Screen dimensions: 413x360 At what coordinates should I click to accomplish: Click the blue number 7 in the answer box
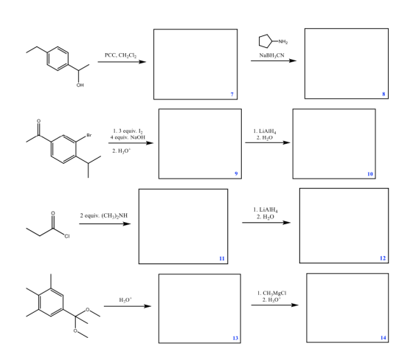pyautogui.click(x=232, y=94)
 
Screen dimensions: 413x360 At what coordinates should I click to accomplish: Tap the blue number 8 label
pyautogui.click(x=383, y=94)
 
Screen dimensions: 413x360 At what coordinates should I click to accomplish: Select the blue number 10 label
pyautogui.click(x=370, y=174)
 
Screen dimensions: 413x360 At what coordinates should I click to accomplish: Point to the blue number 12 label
pyautogui.click(x=383, y=258)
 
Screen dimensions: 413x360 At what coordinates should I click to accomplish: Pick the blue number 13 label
pyautogui.click(x=235, y=338)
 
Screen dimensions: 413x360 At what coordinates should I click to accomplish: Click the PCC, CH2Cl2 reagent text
pyautogui.click(x=121, y=55)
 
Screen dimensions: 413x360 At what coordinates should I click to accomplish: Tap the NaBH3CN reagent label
pyautogui.click(x=272, y=55)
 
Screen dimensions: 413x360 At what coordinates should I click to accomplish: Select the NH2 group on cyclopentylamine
pyautogui.click(x=283, y=41)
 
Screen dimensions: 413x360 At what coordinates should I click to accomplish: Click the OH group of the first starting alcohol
pyautogui.click(x=80, y=85)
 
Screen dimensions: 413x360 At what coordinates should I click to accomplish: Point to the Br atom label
pyautogui.click(x=89, y=135)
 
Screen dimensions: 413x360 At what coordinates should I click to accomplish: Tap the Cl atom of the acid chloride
pyautogui.click(x=67, y=236)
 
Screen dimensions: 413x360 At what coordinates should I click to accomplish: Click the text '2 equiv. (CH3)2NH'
pyautogui.click(x=104, y=216)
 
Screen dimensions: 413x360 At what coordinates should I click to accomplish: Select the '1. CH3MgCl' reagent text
pyautogui.click(x=272, y=293)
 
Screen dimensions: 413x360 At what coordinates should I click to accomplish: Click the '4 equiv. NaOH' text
pyautogui.click(x=128, y=137)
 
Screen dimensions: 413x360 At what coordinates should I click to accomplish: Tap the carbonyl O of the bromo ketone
pyautogui.click(x=38, y=121)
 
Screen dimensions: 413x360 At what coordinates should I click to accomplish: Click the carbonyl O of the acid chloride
pyautogui.click(x=53, y=213)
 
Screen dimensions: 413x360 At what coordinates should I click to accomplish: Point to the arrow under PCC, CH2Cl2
pyautogui.click(x=122, y=62)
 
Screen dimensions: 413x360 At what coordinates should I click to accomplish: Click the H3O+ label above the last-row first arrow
pyautogui.click(x=125, y=300)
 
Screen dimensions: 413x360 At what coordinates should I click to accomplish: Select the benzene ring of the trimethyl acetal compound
pyautogui.click(x=51, y=302)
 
